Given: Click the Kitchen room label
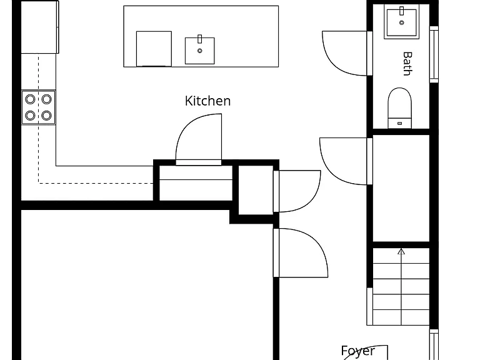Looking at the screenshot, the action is (207, 101).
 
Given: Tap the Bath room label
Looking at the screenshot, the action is (407, 64).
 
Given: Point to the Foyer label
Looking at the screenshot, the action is (357, 351).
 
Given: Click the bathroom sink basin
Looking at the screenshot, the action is (402, 22).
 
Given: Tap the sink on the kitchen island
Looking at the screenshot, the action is (199, 51).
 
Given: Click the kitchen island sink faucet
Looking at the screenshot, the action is (200, 39).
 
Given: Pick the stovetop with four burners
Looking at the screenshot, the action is (39, 107).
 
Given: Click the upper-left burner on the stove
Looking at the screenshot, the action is (30, 99).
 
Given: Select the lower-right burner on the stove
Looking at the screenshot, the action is (46, 116).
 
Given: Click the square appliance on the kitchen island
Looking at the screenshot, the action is (154, 49).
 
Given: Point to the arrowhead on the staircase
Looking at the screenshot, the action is (401, 252).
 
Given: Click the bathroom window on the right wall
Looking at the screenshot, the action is (434, 54).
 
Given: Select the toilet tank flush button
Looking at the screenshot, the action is (399, 123).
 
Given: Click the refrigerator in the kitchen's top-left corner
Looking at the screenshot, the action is (40, 27).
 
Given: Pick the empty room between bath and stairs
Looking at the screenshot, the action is (401, 188).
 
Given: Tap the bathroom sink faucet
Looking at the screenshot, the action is (402, 11).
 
